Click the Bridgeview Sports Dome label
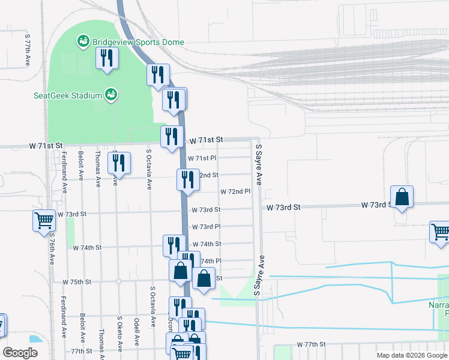click(137, 43)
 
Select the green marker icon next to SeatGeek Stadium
click(110, 94)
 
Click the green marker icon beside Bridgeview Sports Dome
click(83, 42)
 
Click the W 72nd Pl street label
click(235, 192)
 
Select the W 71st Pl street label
click(202, 158)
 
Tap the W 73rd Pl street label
click(206, 227)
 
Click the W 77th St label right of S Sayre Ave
click(310, 345)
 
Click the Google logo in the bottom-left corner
click(20, 353)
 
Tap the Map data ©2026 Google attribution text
click(411, 355)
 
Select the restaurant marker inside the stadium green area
click(107, 58)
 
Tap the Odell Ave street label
click(137, 332)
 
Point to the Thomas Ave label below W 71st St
click(97, 170)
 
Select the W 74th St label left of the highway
click(87, 247)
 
